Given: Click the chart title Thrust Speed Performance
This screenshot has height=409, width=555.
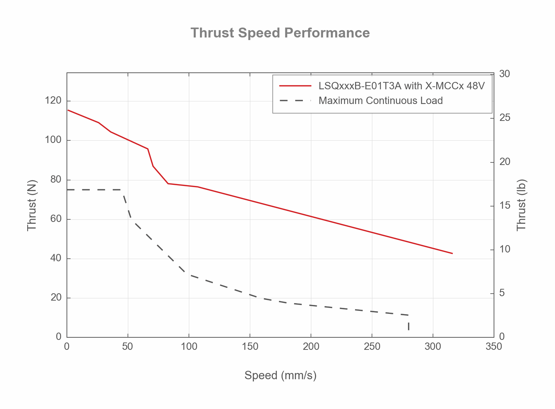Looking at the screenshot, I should pyautogui.click(x=280, y=33).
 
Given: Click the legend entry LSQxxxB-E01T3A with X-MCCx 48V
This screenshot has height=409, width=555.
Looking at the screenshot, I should pyautogui.click(x=401, y=86).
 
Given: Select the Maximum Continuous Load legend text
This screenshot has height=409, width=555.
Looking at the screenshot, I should pyautogui.click(x=380, y=101).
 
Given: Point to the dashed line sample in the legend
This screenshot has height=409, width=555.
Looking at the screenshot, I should pyautogui.click(x=295, y=100).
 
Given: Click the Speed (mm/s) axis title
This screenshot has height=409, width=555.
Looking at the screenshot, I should pyautogui.click(x=280, y=375).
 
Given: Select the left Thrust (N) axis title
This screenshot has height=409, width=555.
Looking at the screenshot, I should pyautogui.click(x=32, y=205).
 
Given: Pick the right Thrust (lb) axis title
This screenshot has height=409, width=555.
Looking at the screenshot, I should pyautogui.click(x=522, y=205).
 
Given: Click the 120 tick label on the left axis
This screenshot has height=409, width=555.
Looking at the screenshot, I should pyautogui.click(x=53, y=101).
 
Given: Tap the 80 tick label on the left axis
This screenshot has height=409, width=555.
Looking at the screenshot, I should pyautogui.click(x=55, y=180).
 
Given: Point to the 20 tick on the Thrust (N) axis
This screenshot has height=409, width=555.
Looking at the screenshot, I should pyautogui.click(x=55, y=298).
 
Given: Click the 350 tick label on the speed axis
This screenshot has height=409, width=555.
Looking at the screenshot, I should pyautogui.click(x=494, y=347).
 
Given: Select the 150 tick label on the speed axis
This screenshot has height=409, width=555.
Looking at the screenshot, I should pyautogui.click(x=250, y=347).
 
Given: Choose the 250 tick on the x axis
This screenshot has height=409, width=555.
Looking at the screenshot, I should pyautogui.click(x=372, y=347).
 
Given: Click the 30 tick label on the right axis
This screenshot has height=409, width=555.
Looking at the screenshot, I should pyautogui.click(x=505, y=74).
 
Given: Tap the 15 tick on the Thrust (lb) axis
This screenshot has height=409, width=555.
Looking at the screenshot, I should pyautogui.click(x=505, y=205).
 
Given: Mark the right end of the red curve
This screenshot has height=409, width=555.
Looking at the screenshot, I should pyautogui.click(x=452, y=253).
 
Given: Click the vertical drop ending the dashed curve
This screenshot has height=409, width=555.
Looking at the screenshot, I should pyautogui.click(x=408, y=326).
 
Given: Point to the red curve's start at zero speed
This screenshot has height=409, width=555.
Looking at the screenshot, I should pyautogui.click(x=68, y=110).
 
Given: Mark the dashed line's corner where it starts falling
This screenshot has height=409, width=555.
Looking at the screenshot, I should pyautogui.click(x=122, y=190).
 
